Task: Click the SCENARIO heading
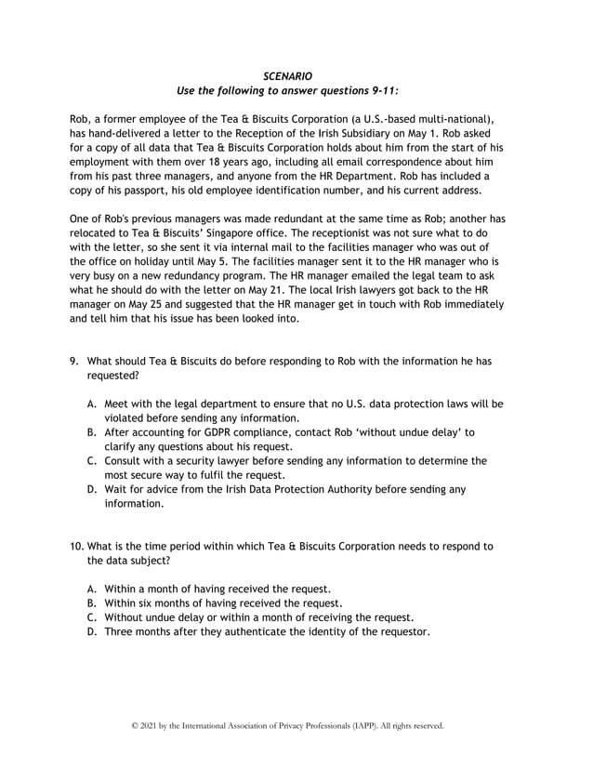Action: [287, 74]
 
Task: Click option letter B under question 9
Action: [91, 432]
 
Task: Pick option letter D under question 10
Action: [91, 631]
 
